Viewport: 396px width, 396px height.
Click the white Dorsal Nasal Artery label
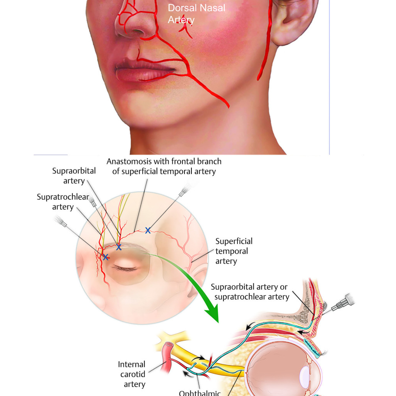196,14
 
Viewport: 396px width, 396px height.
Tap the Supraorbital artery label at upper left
74,176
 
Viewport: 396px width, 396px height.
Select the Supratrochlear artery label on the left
63,201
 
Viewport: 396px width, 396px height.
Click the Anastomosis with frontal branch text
164,161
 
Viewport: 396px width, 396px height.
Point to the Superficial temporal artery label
234,251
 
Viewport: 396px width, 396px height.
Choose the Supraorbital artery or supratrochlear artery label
250,292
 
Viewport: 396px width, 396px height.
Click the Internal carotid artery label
132,374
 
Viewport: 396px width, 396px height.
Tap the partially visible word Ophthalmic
200,393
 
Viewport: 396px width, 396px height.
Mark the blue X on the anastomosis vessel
148,230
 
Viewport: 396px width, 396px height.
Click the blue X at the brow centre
119,247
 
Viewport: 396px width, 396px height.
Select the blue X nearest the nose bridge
106,257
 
